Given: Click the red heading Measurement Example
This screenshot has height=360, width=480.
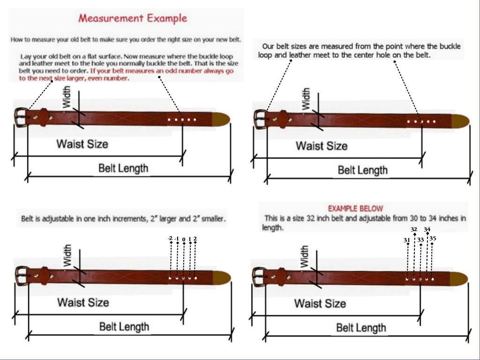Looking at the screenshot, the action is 133,18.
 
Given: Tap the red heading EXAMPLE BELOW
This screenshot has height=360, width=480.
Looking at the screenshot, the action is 355,209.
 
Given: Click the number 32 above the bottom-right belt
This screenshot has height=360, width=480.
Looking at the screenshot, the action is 413,230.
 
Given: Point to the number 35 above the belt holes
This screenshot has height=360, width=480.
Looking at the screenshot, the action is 433,239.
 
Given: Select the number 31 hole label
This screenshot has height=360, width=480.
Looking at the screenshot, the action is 407,240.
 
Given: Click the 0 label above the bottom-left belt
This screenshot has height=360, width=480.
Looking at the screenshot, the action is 184,239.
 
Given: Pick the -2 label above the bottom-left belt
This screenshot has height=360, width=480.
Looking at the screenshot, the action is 170,239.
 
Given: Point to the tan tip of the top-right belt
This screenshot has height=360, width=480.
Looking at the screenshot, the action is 460,121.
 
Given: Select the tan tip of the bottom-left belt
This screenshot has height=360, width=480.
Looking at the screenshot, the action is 221,277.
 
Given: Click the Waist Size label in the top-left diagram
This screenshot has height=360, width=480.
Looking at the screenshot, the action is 82,143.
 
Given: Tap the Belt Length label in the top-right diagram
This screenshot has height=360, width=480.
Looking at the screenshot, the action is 363,170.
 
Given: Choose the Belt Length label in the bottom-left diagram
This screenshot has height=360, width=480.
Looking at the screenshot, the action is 124,327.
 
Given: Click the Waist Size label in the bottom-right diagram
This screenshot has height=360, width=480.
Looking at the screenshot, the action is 320,303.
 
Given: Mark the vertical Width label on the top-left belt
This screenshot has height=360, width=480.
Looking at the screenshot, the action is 67,97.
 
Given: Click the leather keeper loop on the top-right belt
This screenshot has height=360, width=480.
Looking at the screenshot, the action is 283,119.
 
